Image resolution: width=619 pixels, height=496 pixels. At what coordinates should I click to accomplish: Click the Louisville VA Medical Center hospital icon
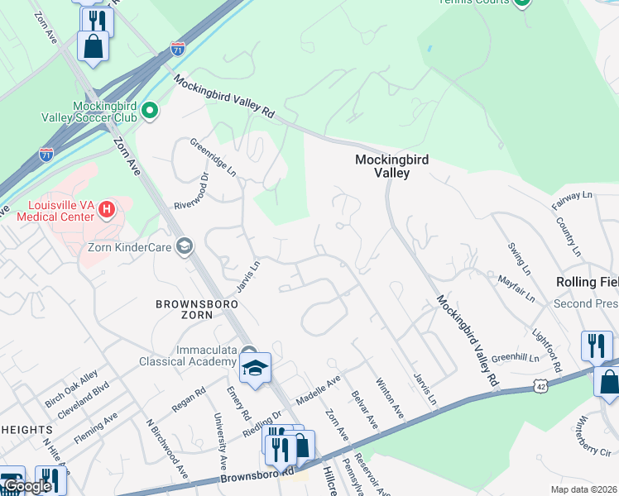(x=106, y=210)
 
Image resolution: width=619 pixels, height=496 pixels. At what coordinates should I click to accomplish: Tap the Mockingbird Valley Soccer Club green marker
(x=150, y=110)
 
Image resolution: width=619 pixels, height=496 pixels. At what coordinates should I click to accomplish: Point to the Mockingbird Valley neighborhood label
(x=391, y=166)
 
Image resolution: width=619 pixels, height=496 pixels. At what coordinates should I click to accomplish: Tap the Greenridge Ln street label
(x=214, y=156)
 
